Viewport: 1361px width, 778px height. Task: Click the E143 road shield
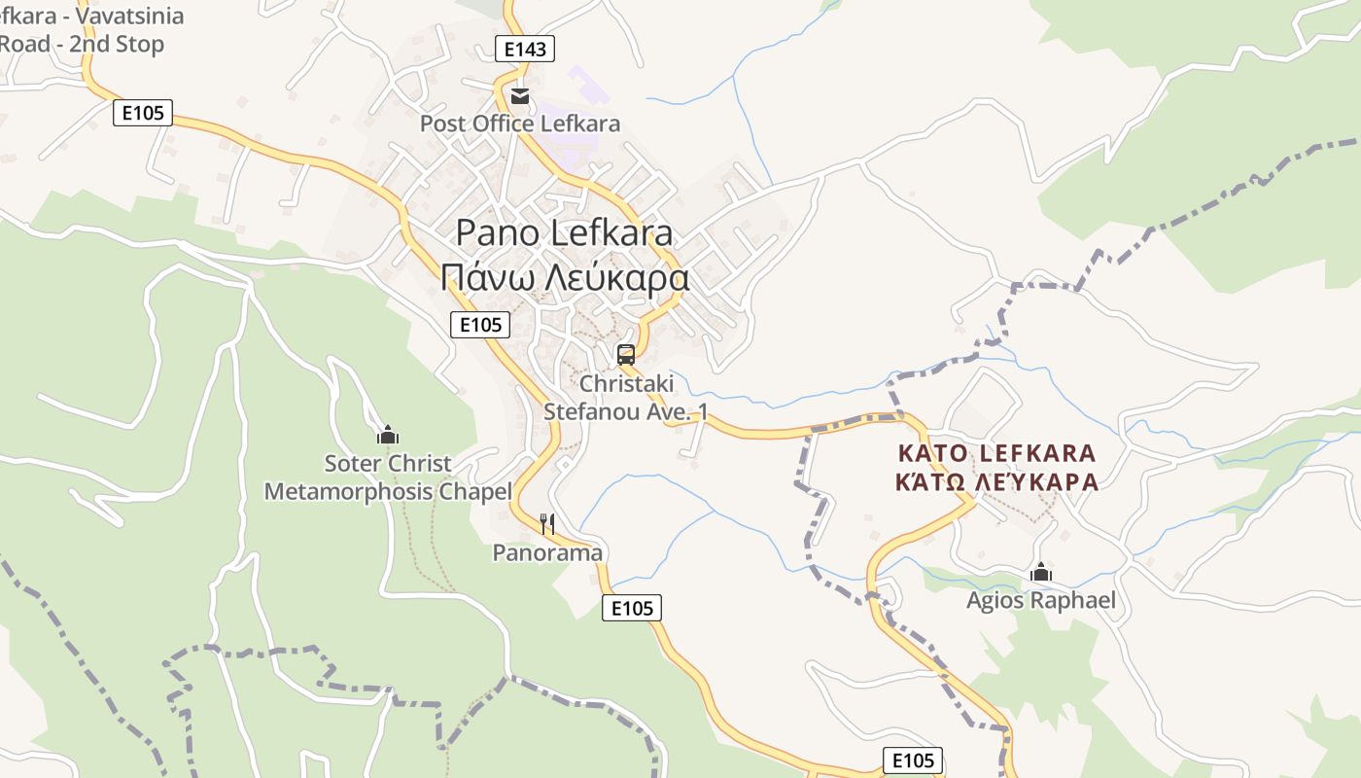525,50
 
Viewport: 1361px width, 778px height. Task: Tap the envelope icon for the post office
520,95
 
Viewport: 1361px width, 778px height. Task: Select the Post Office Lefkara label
519,124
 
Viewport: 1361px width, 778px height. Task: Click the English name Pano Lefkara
564,233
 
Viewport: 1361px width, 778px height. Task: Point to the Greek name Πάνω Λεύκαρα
564,278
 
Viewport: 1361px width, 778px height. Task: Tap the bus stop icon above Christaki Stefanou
626,354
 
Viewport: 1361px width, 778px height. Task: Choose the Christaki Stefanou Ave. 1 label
625,398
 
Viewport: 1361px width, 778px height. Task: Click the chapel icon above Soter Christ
388,435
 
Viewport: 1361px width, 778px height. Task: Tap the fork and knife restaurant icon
547,524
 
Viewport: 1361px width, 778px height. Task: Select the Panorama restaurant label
547,552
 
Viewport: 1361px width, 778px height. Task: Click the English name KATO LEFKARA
997,453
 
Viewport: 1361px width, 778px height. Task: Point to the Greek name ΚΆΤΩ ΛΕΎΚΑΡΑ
997,481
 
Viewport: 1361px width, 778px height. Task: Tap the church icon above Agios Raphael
1041,572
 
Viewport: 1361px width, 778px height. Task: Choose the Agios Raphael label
1041,600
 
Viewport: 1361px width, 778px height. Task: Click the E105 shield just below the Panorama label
632,609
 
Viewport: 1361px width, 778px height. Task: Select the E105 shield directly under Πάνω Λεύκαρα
480,325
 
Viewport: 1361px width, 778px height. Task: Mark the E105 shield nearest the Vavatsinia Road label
143,113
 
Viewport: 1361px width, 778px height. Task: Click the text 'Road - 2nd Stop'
82,44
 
